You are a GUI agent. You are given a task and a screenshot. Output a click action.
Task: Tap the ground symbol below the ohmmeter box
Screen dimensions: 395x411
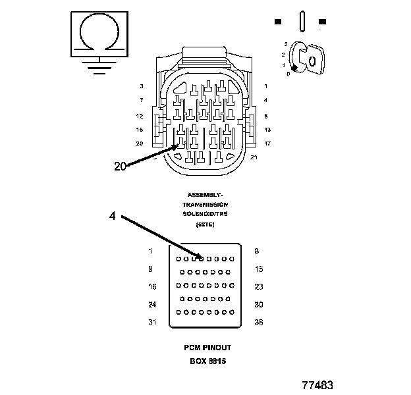coord(99,66)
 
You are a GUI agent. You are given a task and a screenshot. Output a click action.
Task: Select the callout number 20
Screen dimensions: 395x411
coord(120,166)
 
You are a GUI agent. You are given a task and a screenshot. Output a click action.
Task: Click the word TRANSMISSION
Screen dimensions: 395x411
coord(205,205)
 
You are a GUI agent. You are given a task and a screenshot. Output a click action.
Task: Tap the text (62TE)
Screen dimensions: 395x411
coord(205,225)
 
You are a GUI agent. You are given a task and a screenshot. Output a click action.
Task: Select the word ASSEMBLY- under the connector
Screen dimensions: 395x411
coord(205,195)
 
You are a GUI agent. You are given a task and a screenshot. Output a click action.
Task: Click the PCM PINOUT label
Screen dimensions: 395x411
coord(207,347)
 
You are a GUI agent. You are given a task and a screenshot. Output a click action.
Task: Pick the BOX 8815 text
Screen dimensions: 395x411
coord(207,361)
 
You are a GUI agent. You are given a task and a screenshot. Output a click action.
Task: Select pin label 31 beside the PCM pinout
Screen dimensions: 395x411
coord(151,322)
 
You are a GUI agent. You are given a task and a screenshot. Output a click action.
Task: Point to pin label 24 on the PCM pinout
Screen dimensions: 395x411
coord(151,304)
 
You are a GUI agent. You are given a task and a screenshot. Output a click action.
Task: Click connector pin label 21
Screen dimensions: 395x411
coord(254,157)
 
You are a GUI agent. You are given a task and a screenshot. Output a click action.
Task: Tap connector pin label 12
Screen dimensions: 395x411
coord(140,115)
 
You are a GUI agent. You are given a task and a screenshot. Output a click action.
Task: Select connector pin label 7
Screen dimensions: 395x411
coord(141,100)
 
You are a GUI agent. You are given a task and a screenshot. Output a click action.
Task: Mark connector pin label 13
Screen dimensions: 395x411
coord(267,130)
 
